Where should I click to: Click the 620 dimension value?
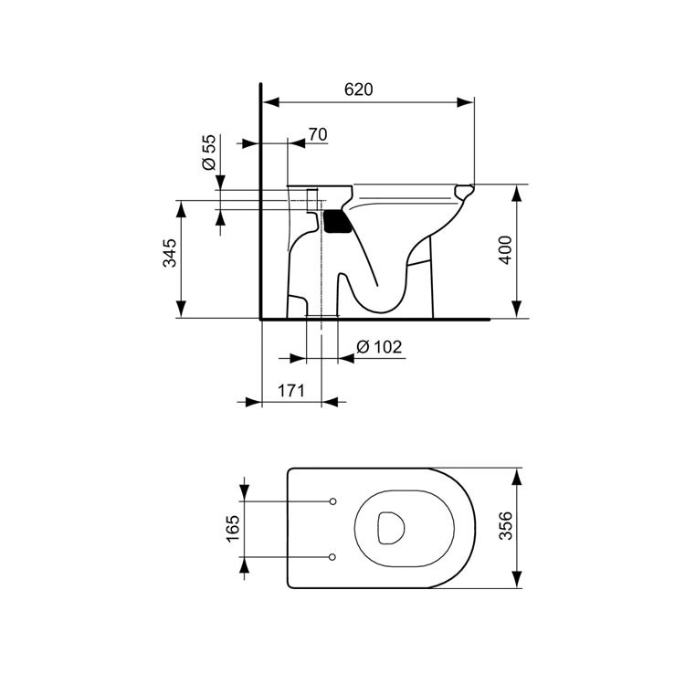point(359,89)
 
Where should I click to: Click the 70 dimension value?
point(317,134)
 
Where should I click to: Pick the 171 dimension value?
point(290,391)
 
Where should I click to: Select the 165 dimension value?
point(232,529)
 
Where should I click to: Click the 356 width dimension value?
point(504,528)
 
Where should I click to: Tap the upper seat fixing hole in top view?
point(332,501)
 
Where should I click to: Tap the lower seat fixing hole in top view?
point(332,556)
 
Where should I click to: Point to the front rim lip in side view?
point(466,192)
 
